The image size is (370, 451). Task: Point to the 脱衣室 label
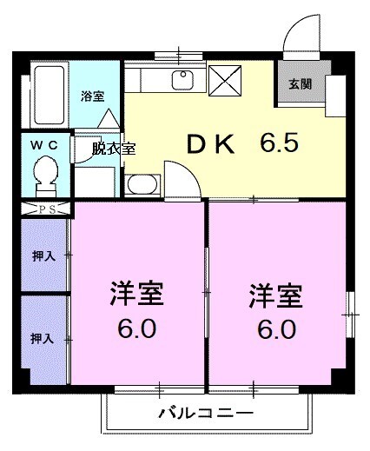pyautogui.click(x=114, y=148)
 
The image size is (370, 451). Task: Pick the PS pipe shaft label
pyautogui.click(x=45, y=209)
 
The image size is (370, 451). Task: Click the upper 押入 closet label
pyautogui.click(x=41, y=257)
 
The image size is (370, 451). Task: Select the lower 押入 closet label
pyautogui.click(x=41, y=336)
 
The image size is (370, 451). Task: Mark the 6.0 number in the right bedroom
pyautogui.click(x=276, y=330)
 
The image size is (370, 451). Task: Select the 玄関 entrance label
pyautogui.click(x=301, y=84)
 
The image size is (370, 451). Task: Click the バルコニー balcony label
pyautogui.click(x=205, y=412)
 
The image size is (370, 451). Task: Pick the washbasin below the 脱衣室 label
pyautogui.click(x=142, y=183)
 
